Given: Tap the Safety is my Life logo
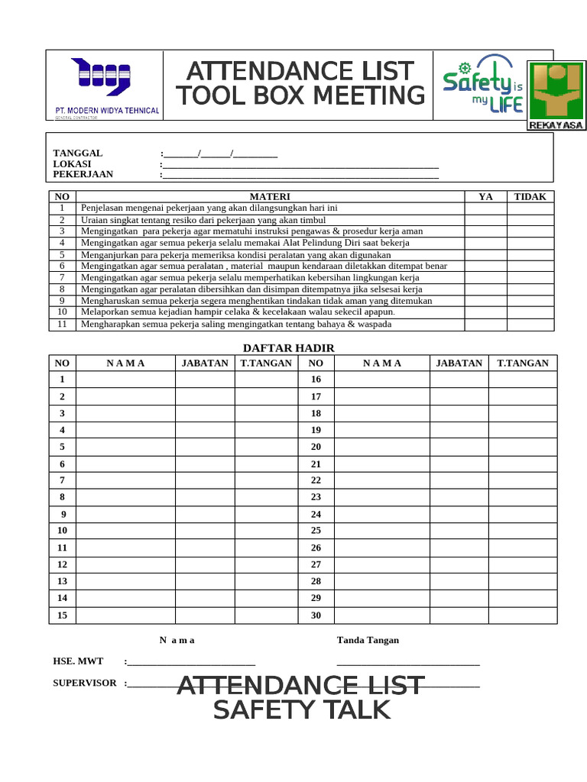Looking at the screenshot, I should (482, 89).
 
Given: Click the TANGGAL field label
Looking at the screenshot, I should (77, 153).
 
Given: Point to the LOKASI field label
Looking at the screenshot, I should (72, 164).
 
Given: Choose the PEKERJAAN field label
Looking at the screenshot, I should (83, 174).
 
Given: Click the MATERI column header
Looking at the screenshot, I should (270, 196).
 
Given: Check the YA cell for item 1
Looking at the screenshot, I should (485, 208).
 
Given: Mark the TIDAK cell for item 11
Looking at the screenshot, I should (530, 324).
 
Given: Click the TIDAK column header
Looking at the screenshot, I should (530, 196).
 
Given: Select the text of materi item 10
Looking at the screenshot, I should (238, 312).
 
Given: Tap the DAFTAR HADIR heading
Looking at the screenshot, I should (288, 348).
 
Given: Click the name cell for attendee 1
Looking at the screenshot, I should (125, 380).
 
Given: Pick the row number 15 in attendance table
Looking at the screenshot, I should (63, 616).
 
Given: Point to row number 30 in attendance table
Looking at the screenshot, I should (316, 616).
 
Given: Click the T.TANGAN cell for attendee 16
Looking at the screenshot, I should (523, 380).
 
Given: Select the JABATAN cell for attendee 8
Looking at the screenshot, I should (204, 497).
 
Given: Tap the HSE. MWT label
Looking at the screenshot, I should (78, 661).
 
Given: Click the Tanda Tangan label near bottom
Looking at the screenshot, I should (368, 640).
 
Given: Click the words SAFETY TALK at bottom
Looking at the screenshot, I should (301, 710).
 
